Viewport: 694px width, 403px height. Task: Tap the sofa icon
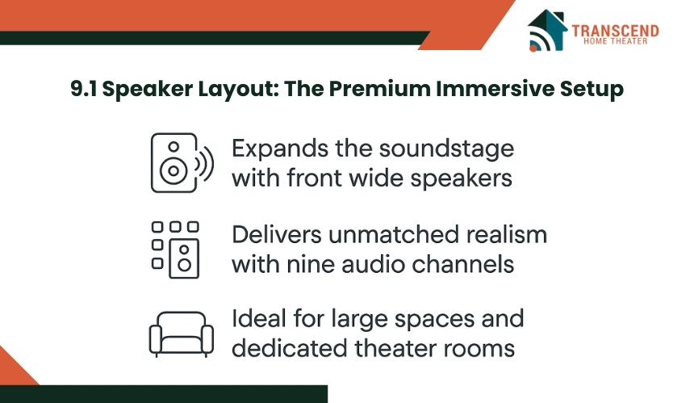[182, 334]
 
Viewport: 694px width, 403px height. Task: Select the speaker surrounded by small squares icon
[175, 250]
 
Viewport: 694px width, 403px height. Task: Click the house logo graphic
[547, 31]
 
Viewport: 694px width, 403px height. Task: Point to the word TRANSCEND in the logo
[615, 31]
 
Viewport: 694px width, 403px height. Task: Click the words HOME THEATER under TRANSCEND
[616, 41]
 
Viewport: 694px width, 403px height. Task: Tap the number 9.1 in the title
[84, 89]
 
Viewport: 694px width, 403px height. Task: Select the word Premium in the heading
[380, 89]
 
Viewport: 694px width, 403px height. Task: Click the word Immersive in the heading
[495, 89]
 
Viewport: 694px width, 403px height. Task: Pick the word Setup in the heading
[592, 90]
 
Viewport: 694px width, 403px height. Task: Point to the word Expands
[280, 149]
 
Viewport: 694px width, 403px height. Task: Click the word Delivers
[277, 234]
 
